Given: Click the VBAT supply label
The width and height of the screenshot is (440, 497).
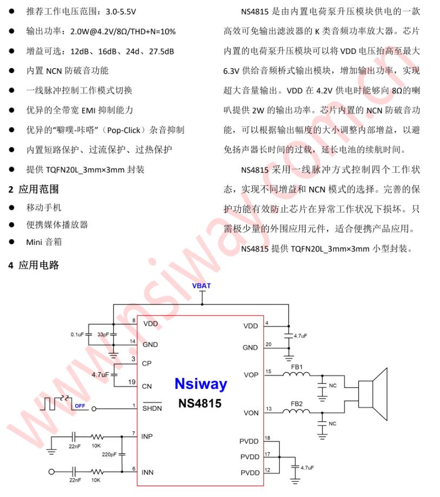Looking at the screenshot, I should (x=201, y=286).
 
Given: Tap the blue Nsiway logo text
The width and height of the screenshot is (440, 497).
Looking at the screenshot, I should (x=200, y=385).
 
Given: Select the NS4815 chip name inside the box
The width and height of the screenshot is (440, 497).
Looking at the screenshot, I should (x=200, y=403).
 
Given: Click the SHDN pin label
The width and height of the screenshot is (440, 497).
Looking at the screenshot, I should (x=152, y=408).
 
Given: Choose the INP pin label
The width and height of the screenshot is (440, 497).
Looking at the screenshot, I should (x=148, y=435).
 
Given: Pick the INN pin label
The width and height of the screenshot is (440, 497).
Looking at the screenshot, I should (x=148, y=472).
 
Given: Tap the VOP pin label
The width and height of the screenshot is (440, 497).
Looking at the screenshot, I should (x=251, y=375).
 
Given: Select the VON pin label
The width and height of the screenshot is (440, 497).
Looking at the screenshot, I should (x=251, y=413).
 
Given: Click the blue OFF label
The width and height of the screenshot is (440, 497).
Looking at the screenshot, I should (x=80, y=406).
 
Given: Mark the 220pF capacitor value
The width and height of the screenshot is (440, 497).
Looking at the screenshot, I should (x=109, y=454).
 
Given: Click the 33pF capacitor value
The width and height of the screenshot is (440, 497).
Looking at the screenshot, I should (x=103, y=335).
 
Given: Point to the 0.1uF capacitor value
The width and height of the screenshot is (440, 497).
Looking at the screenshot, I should (x=77, y=335).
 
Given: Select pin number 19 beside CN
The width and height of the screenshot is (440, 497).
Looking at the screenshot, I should (x=132, y=382).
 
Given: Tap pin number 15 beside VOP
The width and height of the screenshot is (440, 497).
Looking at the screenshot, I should (x=268, y=371).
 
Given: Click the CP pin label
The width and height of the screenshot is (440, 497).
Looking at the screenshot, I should (x=147, y=363).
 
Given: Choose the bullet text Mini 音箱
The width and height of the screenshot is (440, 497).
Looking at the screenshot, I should (x=44, y=242).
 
